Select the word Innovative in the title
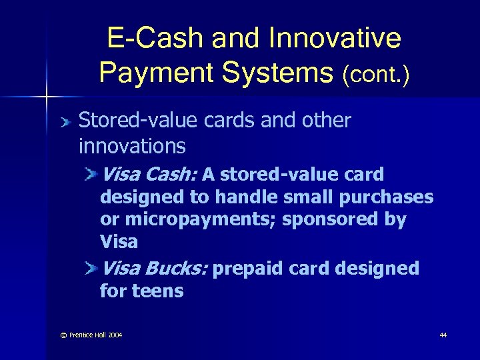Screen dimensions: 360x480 (336, 39)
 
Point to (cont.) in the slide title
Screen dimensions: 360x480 (375, 73)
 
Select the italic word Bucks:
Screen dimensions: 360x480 (176, 269)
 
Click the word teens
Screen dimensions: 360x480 (159, 291)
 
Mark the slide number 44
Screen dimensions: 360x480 (443, 335)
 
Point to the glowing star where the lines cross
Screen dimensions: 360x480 (46, 97)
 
